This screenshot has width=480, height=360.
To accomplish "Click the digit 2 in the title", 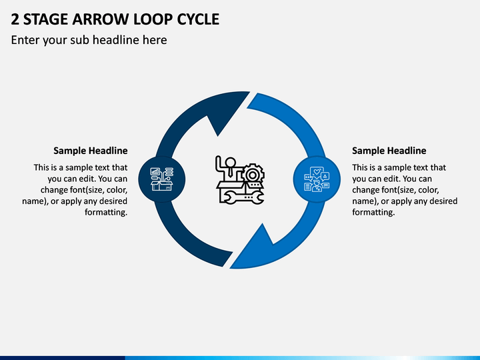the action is [15, 19].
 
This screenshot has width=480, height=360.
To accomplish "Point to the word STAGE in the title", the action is [45, 19].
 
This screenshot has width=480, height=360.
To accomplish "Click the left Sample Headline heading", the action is [91, 151].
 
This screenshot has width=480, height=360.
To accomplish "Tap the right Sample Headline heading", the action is [389, 151].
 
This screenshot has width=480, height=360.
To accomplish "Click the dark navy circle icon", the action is [161, 179].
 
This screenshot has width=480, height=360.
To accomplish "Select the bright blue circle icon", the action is [317, 179].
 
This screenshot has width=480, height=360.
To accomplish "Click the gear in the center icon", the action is [253, 175].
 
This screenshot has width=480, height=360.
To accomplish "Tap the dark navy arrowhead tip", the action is [249, 91].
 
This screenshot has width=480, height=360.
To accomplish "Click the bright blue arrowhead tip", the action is [230, 268].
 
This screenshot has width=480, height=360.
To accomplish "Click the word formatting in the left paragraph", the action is [106, 212].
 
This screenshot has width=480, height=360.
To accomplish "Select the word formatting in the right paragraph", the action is [373, 212].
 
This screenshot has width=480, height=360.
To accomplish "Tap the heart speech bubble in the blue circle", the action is [317, 172].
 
